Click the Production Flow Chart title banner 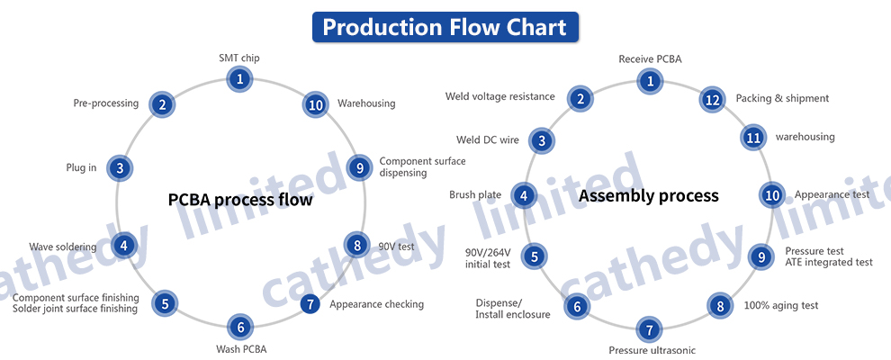pos(445,27)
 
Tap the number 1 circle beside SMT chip pos(239,79)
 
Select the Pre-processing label pos(105,103)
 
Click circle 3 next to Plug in pos(120,168)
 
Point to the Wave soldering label pos(62,247)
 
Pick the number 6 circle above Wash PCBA pos(240,327)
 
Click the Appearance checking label pos(377,304)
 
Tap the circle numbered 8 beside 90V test pos(357,246)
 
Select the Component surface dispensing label pos(422,166)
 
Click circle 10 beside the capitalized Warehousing pos(315,104)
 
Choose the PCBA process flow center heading pos(240,200)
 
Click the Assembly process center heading pos(648,196)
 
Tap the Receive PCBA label pos(650,59)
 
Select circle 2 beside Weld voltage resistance pos(580,99)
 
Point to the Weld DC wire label pos(488,139)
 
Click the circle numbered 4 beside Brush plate pos(524,196)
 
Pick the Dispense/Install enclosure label pos(513,309)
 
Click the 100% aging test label pos(781,305)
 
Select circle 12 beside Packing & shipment pos(712,100)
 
